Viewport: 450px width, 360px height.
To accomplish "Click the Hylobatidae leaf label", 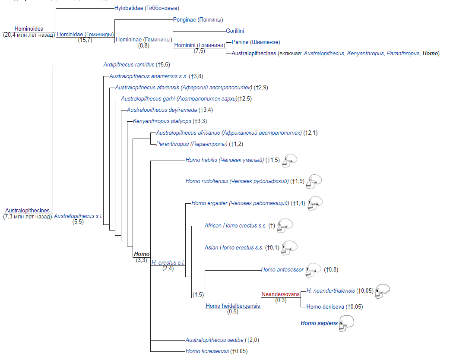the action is click(x=147, y=8).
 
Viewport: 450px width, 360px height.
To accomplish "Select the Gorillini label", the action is click(x=235, y=31).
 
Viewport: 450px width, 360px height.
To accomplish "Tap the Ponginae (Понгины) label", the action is click(x=198, y=19).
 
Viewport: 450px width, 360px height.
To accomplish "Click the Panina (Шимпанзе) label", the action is click(x=256, y=42).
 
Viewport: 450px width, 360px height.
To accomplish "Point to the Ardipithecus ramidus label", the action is click(x=129, y=65).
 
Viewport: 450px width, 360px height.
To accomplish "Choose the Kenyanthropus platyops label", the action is click(x=162, y=121).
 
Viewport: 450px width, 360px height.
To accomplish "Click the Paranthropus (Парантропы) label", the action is click(x=192, y=144).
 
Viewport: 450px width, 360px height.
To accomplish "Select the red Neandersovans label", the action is click(x=280, y=294).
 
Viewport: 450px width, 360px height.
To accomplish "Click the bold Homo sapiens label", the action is click(x=319, y=323).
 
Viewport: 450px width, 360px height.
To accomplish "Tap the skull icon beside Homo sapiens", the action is click(x=346, y=323).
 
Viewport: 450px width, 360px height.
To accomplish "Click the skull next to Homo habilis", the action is click(x=289, y=161).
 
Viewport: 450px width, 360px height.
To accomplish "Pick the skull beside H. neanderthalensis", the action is click(x=383, y=291).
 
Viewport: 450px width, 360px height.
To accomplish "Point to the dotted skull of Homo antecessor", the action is click(x=313, y=270).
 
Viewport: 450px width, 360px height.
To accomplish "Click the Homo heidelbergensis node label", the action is click(x=233, y=306).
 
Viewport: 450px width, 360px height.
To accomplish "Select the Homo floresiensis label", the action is click(x=207, y=351).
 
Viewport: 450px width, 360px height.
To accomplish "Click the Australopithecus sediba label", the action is click(x=214, y=340).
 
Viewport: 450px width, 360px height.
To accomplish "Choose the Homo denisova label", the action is click(x=325, y=306).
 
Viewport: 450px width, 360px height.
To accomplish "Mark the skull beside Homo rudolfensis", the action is click(x=314, y=182).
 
